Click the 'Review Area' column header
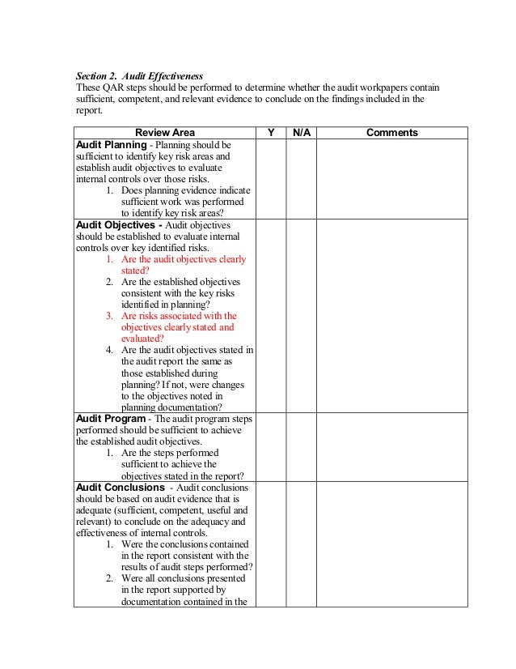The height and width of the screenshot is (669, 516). coord(164,132)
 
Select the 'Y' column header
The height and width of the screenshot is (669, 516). coord(270,132)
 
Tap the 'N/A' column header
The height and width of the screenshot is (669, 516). coord(300,132)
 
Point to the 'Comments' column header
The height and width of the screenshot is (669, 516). coord(391,132)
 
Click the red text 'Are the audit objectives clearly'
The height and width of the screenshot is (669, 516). coord(184,259)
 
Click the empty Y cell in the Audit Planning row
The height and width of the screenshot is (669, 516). coord(270,177)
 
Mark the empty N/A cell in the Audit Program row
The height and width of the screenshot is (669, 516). coord(300,447)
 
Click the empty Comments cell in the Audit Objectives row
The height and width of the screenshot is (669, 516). coord(391,315)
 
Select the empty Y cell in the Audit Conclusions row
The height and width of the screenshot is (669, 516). coord(270,543)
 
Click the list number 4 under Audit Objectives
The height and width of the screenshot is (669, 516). coord(109,350)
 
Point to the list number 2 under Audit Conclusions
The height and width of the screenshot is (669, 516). coord(109,578)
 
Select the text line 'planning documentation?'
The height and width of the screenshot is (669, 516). coord(171,407)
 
